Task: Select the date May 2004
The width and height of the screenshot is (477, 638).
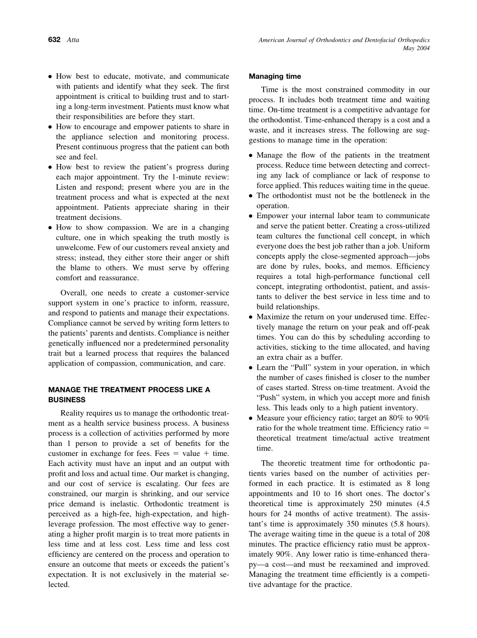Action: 416,48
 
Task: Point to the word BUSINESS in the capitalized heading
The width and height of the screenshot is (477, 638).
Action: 67,400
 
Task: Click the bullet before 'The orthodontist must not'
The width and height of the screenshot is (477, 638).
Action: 251,196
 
